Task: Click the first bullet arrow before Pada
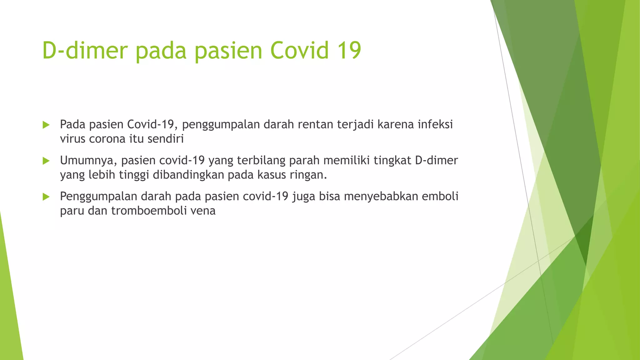point(46,125)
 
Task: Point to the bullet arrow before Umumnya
point(46,161)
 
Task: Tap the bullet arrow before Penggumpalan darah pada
point(46,197)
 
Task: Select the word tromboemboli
point(144,211)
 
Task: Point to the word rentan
point(315,124)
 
